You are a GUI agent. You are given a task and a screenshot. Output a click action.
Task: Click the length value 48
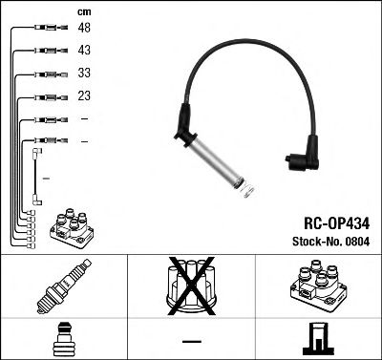(x=85, y=29)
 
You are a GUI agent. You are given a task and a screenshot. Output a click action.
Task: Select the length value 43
(x=85, y=51)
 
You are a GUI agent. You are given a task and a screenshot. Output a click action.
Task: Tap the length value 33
(x=85, y=74)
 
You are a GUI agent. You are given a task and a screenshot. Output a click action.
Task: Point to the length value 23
(x=85, y=95)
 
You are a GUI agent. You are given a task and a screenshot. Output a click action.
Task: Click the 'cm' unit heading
(x=83, y=11)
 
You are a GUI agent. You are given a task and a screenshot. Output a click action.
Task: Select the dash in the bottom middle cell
(x=191, y=340)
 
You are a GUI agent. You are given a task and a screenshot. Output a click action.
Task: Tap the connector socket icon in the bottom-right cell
(x=317, y=338)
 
